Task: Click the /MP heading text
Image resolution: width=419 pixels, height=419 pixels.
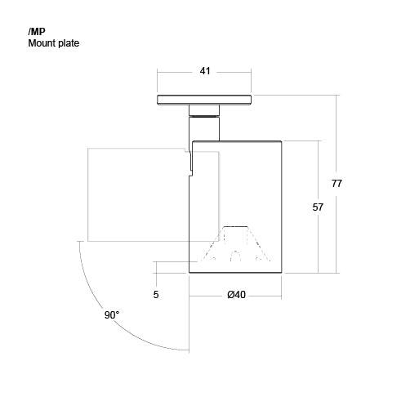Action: click(37, 32)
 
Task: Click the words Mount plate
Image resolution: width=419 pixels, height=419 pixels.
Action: click(54, 43)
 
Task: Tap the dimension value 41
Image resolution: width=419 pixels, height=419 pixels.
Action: click(205, 71)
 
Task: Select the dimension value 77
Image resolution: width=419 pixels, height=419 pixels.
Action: click(337, 184)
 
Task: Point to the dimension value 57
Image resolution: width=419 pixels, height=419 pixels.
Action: click(318, 207)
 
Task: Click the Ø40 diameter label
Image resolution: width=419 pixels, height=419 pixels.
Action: click(236, 295)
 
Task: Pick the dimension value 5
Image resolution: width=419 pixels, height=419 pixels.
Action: click(156, 295)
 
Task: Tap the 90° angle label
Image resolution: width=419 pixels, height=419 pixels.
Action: click(112, 315)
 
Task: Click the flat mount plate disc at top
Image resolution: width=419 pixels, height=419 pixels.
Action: click(204, 100)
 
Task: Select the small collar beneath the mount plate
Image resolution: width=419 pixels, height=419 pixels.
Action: click(204, 110)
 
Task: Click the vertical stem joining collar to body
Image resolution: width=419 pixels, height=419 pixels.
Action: click(204, 128)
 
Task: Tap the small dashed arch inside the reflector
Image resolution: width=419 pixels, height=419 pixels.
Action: click(235, 256)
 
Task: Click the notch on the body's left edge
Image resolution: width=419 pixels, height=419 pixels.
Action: click(191, 163)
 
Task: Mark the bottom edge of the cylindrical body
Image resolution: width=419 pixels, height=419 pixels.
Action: click(235, 272)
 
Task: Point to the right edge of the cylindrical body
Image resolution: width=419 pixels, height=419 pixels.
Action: click(282, 207)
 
